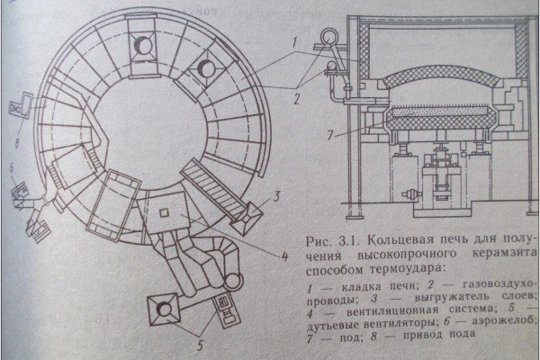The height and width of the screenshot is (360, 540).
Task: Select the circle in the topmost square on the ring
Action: (140, 42)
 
